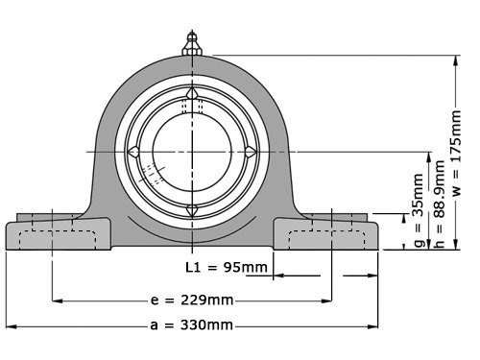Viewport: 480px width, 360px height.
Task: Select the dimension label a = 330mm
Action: [192, 325]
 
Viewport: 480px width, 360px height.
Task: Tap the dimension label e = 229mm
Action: [192, 300]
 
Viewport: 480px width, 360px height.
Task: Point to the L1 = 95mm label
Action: [213, 268]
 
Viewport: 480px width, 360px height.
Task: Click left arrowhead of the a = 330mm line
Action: [10, 325]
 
